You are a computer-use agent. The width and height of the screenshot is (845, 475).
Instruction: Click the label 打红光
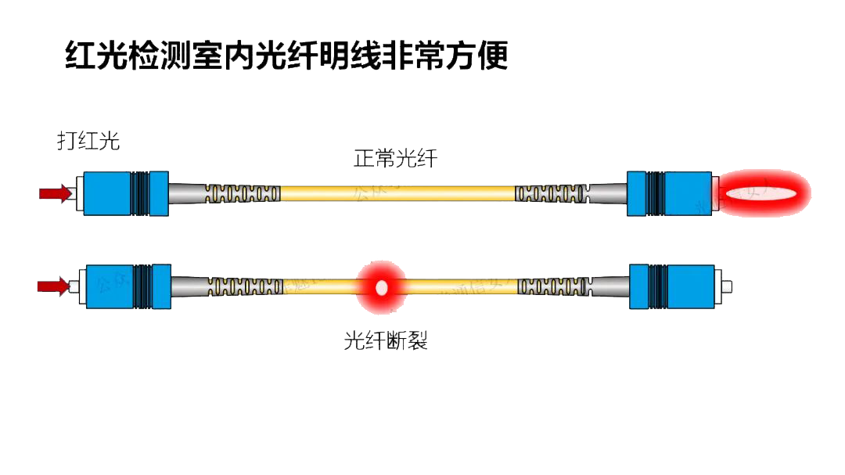[x=88, y=141]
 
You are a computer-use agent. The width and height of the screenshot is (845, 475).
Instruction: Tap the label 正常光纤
[x=395, y=159]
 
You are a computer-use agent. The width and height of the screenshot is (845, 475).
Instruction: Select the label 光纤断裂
[x=386, y=341]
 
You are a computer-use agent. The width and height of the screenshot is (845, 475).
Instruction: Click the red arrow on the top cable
[x=55, y=193]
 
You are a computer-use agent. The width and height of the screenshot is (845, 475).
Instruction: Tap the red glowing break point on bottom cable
[x=382, y=287]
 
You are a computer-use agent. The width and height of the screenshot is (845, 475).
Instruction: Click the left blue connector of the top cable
[x=125, y=193]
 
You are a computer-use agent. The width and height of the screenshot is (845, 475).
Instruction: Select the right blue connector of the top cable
[x=670, y=193]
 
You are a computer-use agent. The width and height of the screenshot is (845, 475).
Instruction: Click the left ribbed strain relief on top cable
[x=243, y=193]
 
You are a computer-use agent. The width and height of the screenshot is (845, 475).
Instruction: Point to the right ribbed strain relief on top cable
[x=551, y=193]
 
